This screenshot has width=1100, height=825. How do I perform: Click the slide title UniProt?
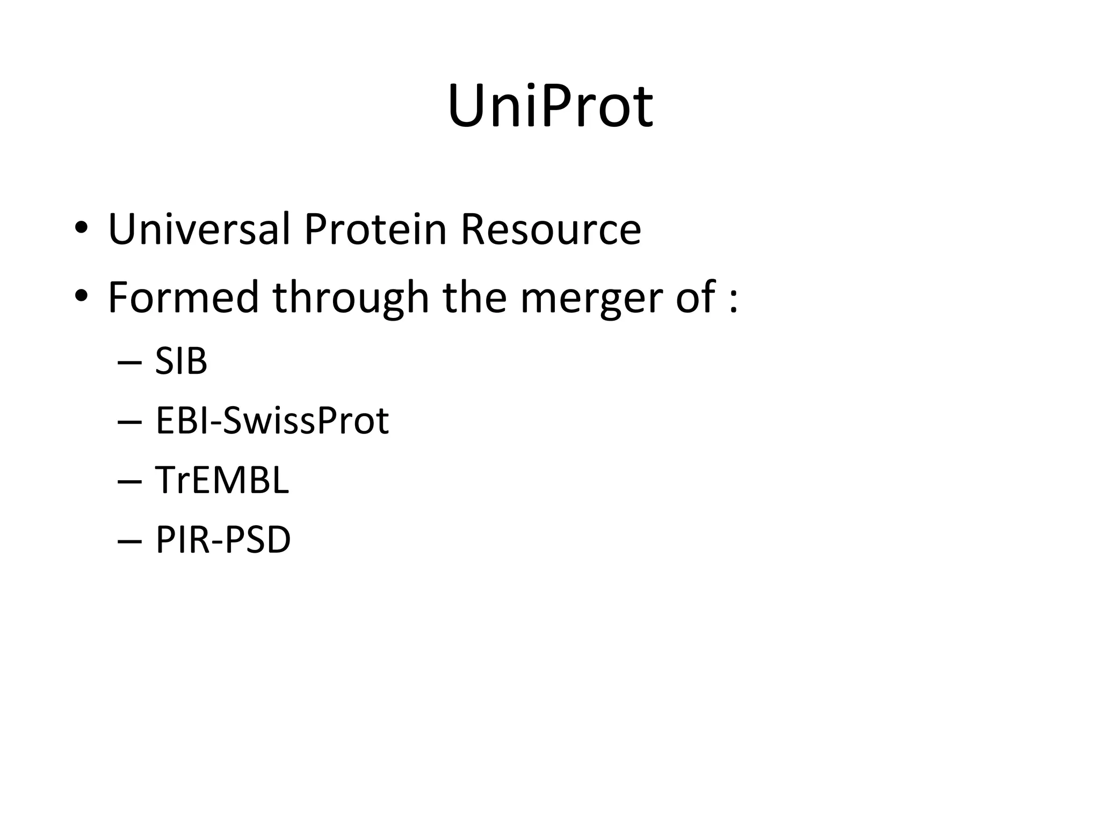(x=550, y=106)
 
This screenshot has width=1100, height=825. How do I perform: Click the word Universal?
(x=199, y=229)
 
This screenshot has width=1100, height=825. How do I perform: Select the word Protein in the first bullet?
(x=375, y=229)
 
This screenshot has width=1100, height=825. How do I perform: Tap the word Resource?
(x=551, y=229)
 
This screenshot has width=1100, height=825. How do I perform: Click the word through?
(x=351, y=299)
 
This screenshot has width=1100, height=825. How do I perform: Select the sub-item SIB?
(x=181, y=361)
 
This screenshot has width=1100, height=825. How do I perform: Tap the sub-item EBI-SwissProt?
(x=272, y=421)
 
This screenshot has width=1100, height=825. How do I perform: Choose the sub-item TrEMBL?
(x=222, y=480)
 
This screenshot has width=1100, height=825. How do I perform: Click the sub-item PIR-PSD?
(x=223, y=539)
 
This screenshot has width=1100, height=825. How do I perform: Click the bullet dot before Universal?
(x=81, y=228)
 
